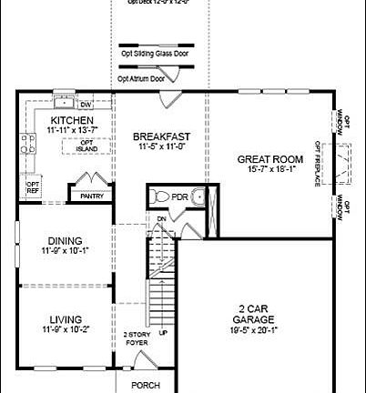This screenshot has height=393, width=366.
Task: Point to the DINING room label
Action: click(x=66, y=240)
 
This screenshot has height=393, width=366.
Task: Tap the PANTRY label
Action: click(x=92, y=196)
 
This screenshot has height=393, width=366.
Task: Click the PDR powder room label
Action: click(x=181, y=196)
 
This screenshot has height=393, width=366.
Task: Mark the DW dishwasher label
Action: click(x=85, y=103)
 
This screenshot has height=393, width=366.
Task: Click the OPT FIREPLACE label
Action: click(x=318, y=165)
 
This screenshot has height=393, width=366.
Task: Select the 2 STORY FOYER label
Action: click(x=137, y=339)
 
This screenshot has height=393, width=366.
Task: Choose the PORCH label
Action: click(x=146, y=385)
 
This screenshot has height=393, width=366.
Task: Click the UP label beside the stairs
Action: click(x=164, y=333)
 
